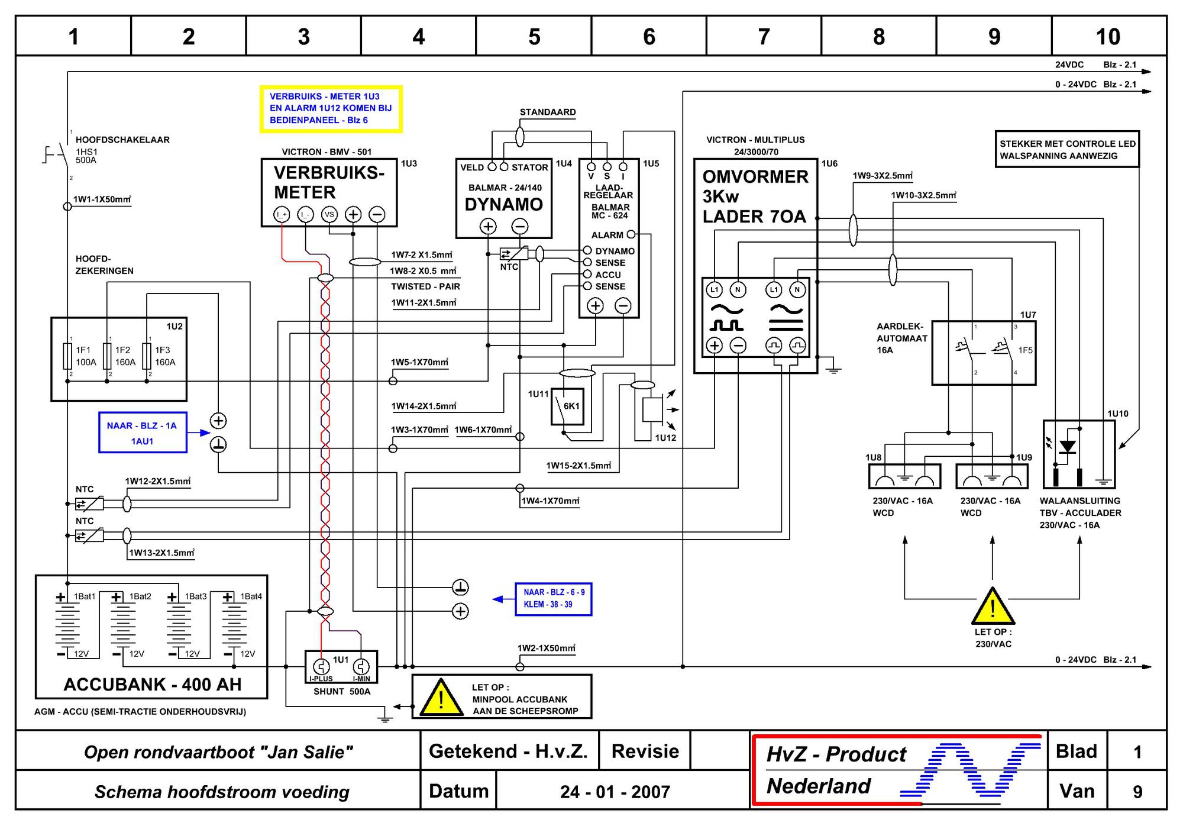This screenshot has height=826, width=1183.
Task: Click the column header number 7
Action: click(764, 37)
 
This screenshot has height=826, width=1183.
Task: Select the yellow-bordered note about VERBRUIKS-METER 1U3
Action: click(331, 109)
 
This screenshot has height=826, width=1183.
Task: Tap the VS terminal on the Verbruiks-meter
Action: click(329, 214)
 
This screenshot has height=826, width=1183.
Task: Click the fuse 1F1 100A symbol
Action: click(67, 356)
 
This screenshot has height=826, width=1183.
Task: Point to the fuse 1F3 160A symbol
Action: click(147, 356)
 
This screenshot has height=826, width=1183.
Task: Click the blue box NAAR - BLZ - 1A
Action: click(143, 433)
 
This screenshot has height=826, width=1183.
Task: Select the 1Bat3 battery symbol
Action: click(179, 624)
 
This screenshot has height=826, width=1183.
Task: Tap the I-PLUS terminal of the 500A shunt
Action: click(321, 666)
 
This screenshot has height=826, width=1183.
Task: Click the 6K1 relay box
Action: click(567, 406)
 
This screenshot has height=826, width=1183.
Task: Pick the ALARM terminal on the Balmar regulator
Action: click(631, 234)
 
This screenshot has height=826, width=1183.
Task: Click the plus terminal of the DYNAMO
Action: click(488, 226)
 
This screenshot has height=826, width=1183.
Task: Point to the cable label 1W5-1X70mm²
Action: click(419, 362)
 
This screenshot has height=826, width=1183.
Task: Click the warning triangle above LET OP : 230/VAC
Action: click(993, 607)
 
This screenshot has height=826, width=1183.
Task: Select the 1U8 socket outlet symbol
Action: click(904, 476)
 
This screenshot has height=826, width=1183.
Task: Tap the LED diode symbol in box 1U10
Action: click(1067, 447)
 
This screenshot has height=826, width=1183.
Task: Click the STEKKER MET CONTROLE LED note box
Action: click(1067, 149)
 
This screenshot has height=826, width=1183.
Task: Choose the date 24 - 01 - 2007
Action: click(615, 792)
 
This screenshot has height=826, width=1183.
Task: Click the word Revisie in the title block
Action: click(645, 751)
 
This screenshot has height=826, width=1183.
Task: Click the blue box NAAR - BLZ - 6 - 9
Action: click(554, 599)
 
